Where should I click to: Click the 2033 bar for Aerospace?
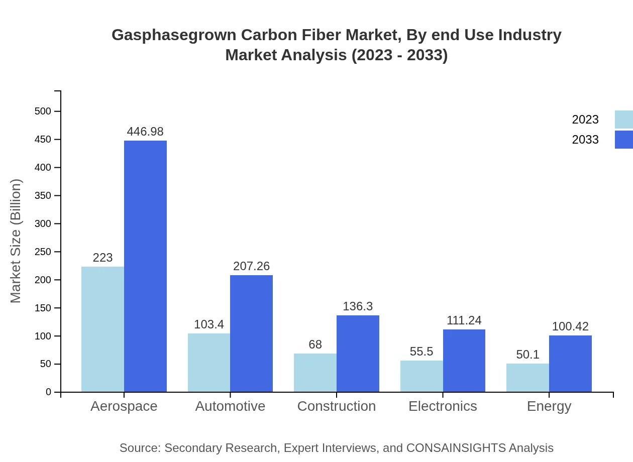click(145, 266)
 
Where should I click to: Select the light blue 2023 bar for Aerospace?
click(102, 329)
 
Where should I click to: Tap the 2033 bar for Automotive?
click(251, 333)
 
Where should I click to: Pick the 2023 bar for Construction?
click(315, 373)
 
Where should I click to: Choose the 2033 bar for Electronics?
click(464, 361)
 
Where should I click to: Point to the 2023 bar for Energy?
click(527, 378)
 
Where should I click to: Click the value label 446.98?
click(145, 132)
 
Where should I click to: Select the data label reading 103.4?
click(209, 324)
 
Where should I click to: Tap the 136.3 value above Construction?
click(358, 306)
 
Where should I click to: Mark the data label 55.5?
click(421, 352)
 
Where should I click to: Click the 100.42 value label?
click(570, 326)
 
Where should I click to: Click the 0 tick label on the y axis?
click(49, 392)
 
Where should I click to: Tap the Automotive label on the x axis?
click(230, 406)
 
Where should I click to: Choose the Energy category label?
click(549, 406)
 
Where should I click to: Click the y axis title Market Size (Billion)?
click(16, 241)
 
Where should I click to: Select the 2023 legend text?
click(585, 120)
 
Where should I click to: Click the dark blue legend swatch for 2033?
click(623, 140)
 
